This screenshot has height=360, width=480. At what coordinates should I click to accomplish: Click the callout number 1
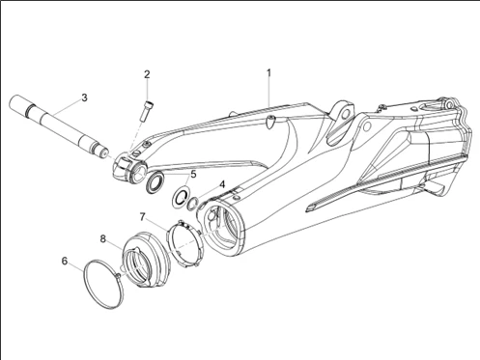(x=268, y=73)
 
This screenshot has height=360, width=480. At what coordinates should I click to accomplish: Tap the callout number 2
(x=147, y=74)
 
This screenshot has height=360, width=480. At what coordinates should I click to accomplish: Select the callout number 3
(x=84, y=97)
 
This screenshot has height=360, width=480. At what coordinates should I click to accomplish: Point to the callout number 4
(x=222, y=184)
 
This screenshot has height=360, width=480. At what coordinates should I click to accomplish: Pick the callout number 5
(x=193, y=174)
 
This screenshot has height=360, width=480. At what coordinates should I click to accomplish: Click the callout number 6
(x=65, y=261)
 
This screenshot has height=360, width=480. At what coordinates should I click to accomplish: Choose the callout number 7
(x=143, y=216)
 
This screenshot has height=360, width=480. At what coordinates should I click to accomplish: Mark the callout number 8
(x=103, y=238)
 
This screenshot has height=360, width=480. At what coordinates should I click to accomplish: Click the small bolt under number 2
(x=147, y=111)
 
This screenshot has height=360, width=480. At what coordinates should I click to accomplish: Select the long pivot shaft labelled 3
(x=59, y=127)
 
